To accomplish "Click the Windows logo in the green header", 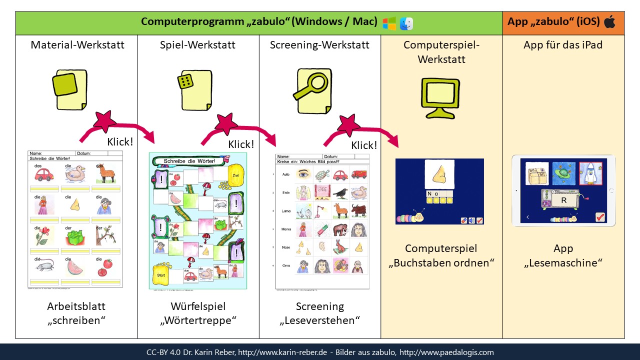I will [389, 23].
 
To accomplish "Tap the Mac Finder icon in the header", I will [406, 23].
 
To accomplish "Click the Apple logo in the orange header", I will [609, 21].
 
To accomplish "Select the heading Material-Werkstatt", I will [77, 45].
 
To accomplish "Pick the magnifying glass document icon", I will [314, 88].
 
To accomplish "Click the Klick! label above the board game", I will [241, 144].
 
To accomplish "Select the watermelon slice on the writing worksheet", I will [74, 267].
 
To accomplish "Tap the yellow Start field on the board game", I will [161, 275].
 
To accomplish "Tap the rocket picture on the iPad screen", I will [592, 175].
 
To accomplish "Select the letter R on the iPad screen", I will [563, 200].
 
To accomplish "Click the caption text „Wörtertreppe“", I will [198, 320].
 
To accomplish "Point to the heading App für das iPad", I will [563, 45].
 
